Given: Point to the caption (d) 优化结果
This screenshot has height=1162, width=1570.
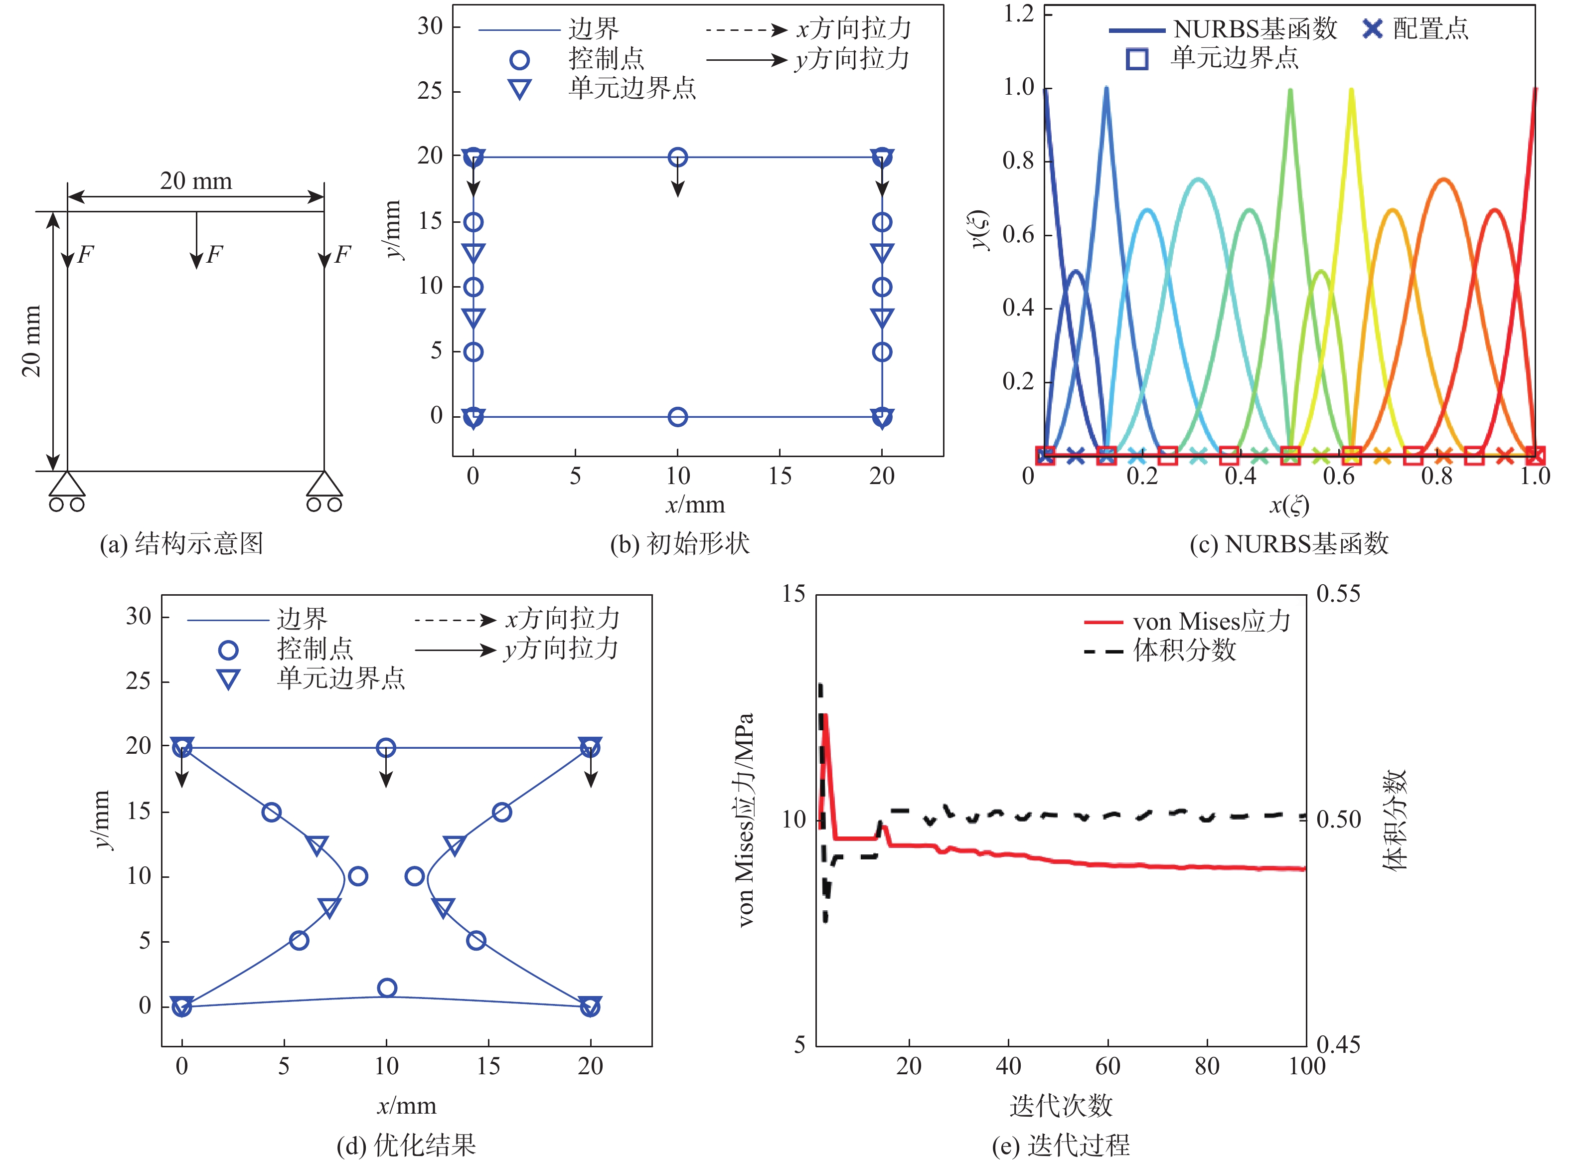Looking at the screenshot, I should [406, 1145].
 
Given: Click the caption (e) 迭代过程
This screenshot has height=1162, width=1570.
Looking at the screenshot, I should [1060, 1145].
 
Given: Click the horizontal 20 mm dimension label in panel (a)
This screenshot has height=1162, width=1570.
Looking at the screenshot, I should [195, 181].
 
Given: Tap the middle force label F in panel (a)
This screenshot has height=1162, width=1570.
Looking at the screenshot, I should [214, 254].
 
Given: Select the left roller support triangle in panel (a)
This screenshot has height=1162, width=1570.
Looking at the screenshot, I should [67, 484].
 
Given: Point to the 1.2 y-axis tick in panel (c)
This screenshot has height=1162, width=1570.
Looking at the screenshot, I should [1018, 14].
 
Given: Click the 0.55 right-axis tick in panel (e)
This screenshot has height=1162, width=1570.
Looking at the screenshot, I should [1338, 594].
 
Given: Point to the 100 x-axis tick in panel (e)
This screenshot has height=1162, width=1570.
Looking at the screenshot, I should [1306, 1066].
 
